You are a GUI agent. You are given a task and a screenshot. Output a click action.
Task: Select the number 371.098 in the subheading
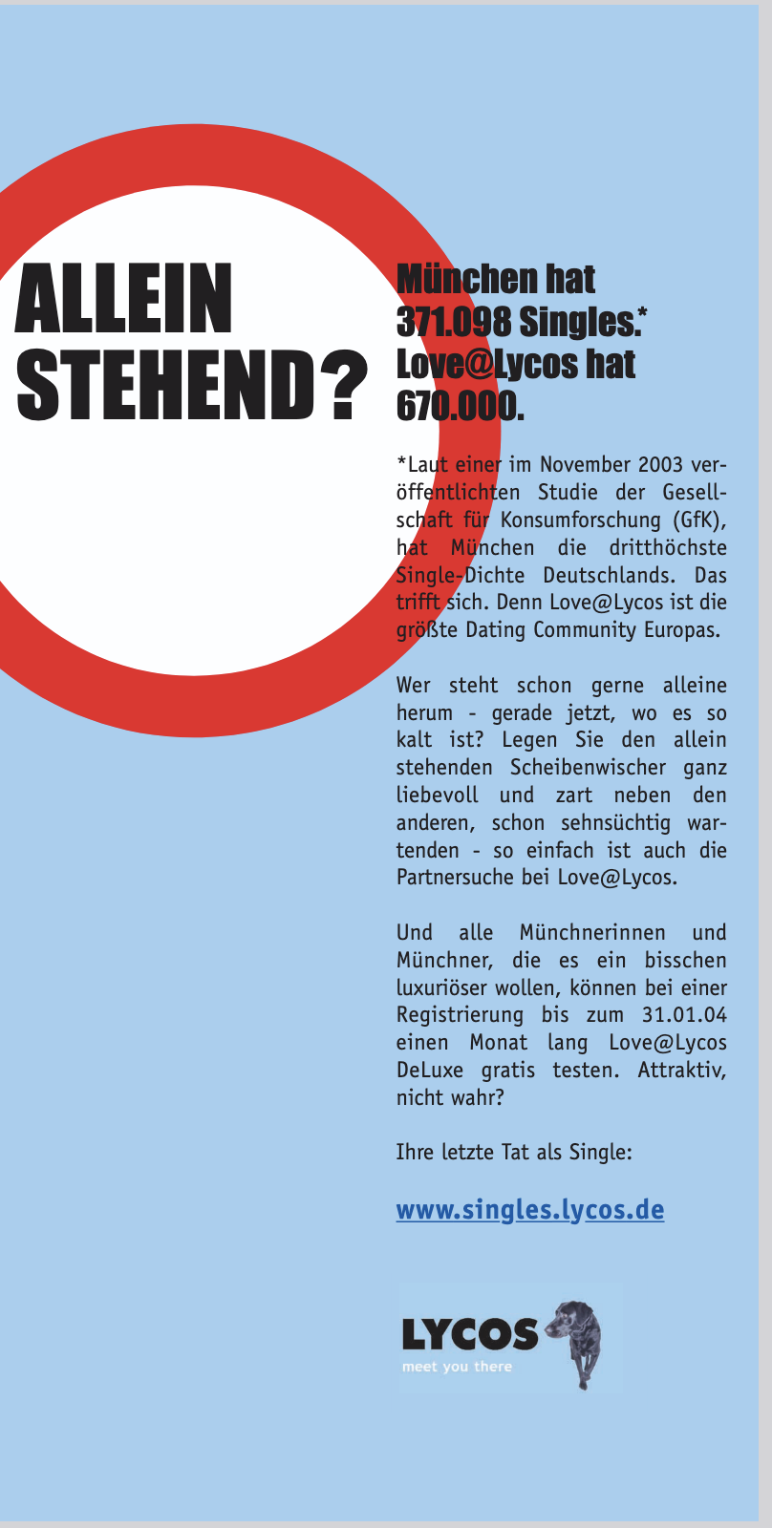[x=453, y=323]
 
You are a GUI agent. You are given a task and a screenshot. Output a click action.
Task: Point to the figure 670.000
[x=459, y=407]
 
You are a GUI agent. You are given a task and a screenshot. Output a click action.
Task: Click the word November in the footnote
[x=584, y=465]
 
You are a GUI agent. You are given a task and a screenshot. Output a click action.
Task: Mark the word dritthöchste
[x=667, y=548]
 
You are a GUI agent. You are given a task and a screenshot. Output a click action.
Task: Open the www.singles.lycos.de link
[x=529, y=1210]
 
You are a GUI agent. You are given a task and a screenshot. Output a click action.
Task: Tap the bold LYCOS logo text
[x=470, y=1334]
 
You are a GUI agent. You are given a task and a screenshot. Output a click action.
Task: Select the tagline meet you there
[x=457, y=1367]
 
